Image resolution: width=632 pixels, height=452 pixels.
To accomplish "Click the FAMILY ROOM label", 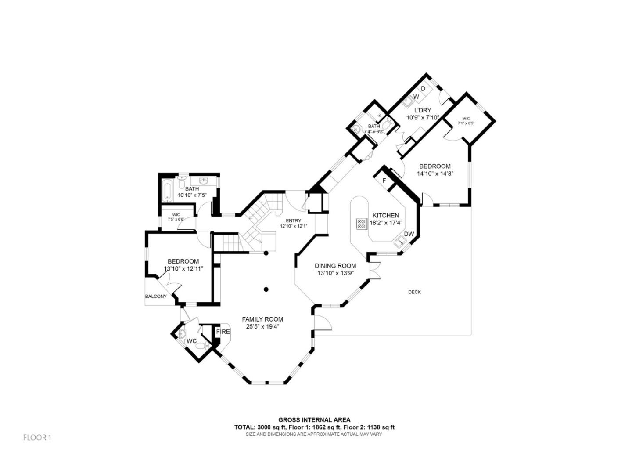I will (262, 319).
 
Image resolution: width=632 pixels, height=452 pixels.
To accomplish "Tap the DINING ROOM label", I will (335, 266).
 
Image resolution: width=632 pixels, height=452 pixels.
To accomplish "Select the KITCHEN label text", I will (386, 215).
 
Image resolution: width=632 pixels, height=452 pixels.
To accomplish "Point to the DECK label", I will (414, 292).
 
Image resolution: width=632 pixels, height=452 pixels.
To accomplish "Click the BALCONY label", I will (156, 297).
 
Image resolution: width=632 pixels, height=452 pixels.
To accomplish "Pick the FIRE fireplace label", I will (223, 332).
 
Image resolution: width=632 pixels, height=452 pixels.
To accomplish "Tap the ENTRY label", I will (294, 221).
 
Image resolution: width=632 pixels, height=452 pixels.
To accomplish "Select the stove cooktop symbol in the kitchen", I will (362, 224).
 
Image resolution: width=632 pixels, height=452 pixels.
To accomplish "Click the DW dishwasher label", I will (409, 234).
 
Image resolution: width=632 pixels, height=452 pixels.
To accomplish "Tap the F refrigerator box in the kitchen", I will (384, 181).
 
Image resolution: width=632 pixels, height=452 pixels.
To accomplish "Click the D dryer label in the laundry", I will (424, 89).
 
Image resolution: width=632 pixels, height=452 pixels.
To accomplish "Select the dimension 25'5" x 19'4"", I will (262, 326).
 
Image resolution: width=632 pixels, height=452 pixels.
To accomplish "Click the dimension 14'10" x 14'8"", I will (435, 174).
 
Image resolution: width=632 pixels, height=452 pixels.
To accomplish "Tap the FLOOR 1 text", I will (37, 438).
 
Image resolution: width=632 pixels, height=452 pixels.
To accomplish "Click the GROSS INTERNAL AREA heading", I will (314, 420).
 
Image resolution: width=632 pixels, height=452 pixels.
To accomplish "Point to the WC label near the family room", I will (192, 341).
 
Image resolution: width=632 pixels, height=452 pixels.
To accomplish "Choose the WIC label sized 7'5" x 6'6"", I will (176, 215).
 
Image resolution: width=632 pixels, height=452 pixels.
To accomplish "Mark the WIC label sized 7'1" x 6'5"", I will (466, 119).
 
